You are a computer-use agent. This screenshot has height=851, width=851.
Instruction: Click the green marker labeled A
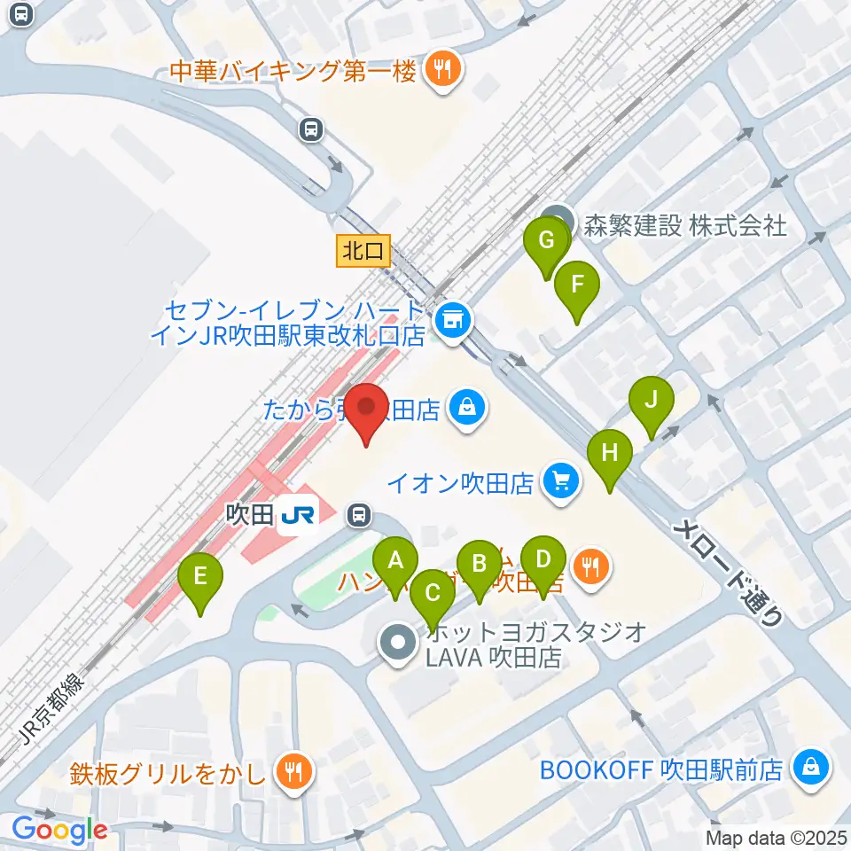pyautogui.click(x=395, y=560)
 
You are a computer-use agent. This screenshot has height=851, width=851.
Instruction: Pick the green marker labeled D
pyautogui.click(x=543, y=558)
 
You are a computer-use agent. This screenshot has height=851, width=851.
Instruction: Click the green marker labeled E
pyautogui.click(x=200, y=576)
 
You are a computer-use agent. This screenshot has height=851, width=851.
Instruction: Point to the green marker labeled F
pyautogui.click(x=577, y=285)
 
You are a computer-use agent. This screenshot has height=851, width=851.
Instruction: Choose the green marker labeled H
pyautogui.click(x=609, y=452)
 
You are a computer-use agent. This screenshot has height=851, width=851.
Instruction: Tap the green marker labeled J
pyautogui.click(x=652, y=399)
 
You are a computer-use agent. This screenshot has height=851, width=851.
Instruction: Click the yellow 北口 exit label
pyautogui.click(x=363, y=251)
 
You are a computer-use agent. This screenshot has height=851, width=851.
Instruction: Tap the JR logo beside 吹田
pyautogui.click(x=293, y=514)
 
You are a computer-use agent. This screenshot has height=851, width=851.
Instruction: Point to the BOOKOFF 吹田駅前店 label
pyautogui.click(x=662, y=769)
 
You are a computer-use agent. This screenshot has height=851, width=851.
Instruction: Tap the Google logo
pyautogui.click(x=59, y=830)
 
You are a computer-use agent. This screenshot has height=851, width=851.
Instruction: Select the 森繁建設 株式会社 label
pyautogui.click(x=681, y=225)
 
